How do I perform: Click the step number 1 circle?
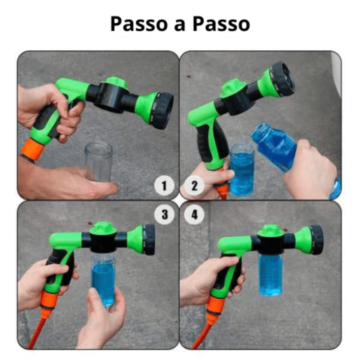pos(164,186)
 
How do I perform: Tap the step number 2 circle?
pos(194,186)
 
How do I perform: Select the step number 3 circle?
pos(165,215)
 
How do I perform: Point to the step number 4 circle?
pos(194,215)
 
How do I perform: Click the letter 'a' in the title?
pos(180,26)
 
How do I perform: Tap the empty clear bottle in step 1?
pos(99,162)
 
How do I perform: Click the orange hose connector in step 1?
pos(33,149)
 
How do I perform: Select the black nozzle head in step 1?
pos(162,111)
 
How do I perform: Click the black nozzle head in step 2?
pos(282,79)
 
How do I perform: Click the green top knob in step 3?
pos(102,228)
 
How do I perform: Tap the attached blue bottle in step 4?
pos(271,275)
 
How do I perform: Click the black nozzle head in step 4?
pos(316,239)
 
